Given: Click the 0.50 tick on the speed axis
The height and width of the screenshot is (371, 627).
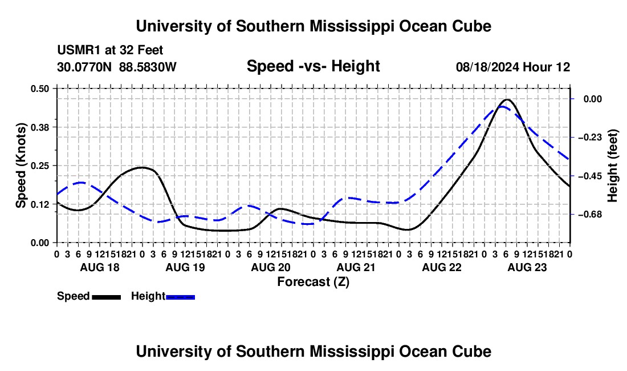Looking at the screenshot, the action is (x=39, y=88).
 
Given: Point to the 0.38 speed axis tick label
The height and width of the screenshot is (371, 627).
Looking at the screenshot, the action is (x=39, y=127).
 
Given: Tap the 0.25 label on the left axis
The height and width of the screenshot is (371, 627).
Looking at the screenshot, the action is (x=39, y=166).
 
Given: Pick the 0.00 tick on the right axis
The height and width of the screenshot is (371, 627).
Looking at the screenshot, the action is (x=593, y=99).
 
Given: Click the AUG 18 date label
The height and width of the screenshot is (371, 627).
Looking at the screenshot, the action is (x=100, y=268).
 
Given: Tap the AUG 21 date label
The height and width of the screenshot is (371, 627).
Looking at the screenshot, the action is (x=356, y=268).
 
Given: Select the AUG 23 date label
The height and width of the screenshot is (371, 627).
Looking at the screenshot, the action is (x=527, y=268).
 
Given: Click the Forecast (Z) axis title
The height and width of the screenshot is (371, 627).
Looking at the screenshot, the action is (x=313, y=282).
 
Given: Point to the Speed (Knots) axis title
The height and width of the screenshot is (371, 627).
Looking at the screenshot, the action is (x=21, y=166).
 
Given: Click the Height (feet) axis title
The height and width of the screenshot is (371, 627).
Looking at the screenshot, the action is (x=612, y=166).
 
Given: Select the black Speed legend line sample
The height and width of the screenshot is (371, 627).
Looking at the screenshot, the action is (x=107, y=297).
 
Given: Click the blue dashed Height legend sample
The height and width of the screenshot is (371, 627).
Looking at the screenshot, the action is (x=180, y=297).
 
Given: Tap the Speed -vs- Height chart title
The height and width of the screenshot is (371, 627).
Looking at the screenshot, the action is (x=313, y=66).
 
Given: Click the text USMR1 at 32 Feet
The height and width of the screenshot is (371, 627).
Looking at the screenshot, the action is (x=111, y=50).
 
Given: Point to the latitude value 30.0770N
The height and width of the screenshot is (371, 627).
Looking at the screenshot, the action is (x=84, y=67).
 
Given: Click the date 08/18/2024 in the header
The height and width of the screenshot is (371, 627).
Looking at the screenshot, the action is (x=487, y=67).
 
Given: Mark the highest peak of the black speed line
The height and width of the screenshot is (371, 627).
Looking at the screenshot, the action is (x=507, y=99).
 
